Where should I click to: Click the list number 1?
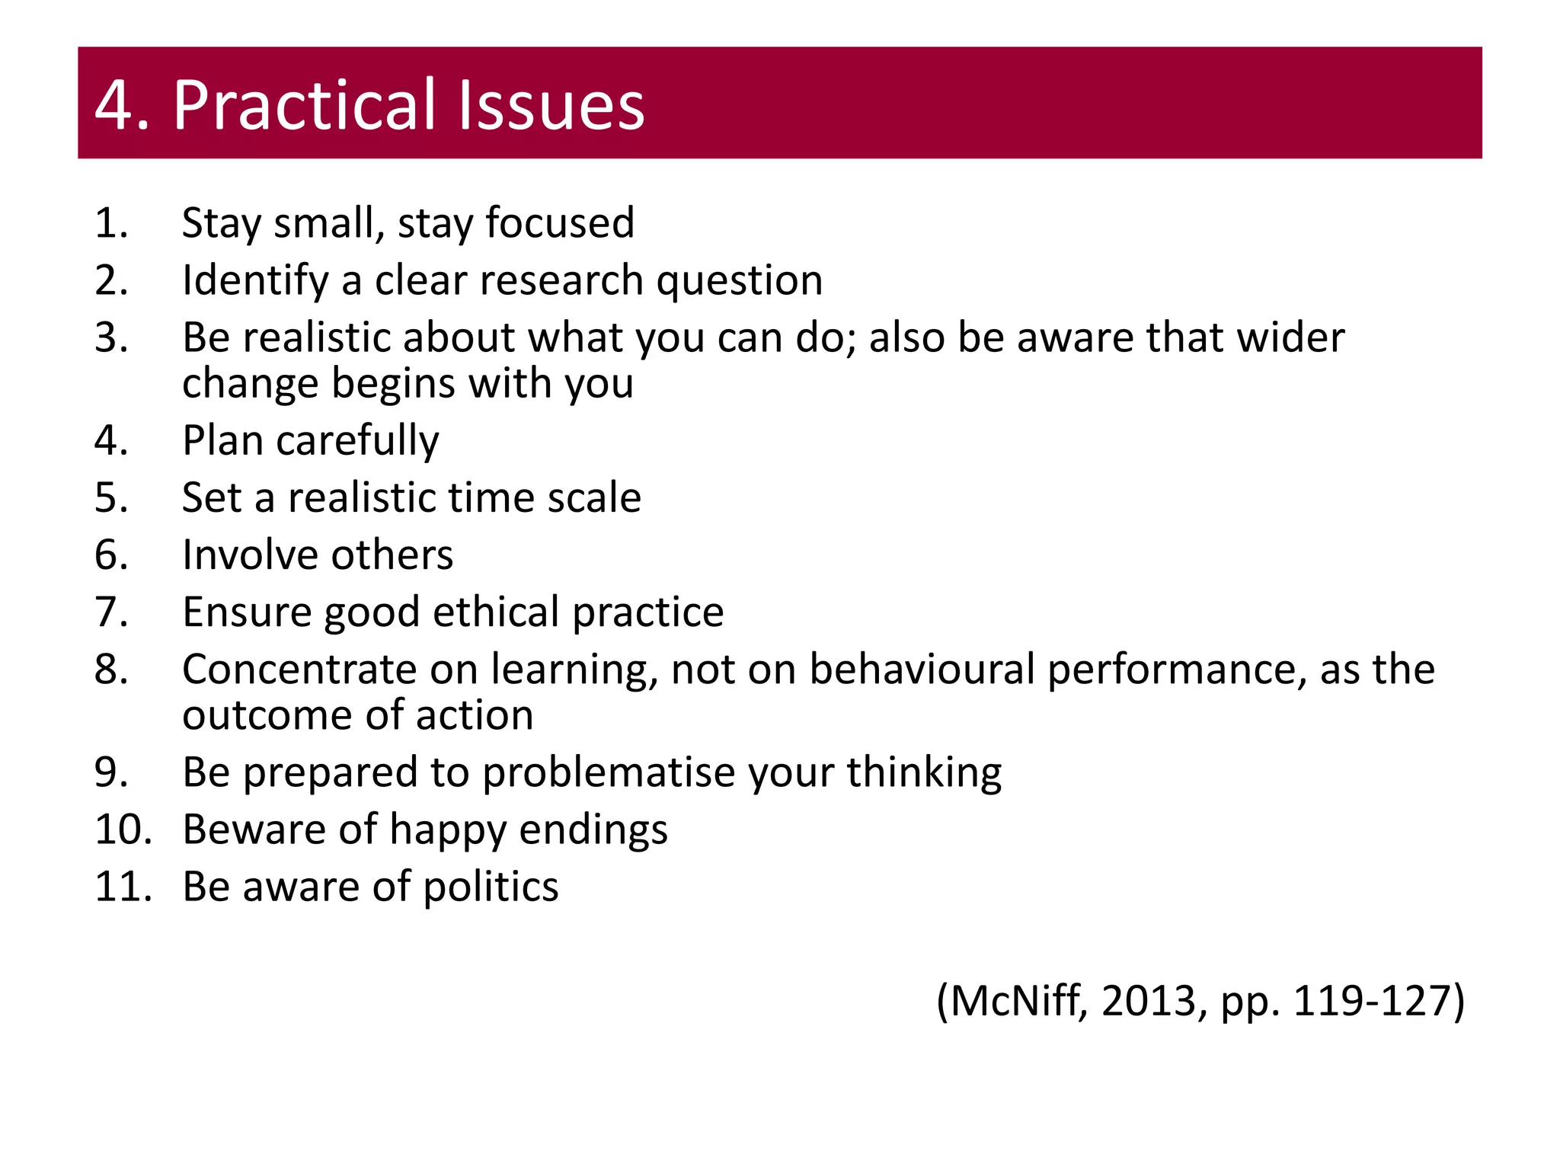(x=111, y=223)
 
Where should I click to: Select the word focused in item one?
(x=560, y=223)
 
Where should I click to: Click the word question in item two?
(x=740, y=281)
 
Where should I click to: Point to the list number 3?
(x=111, y=337)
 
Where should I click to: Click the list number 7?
(x=111, y=612)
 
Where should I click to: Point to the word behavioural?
(x=922, y=670)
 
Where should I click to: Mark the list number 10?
(x=122, y=830)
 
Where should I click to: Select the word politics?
(x=491, y=887)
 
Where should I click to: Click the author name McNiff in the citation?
(x=1018, y=1001)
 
